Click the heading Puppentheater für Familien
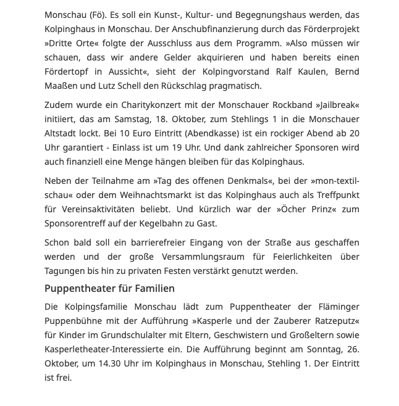[x=109, y=288]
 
